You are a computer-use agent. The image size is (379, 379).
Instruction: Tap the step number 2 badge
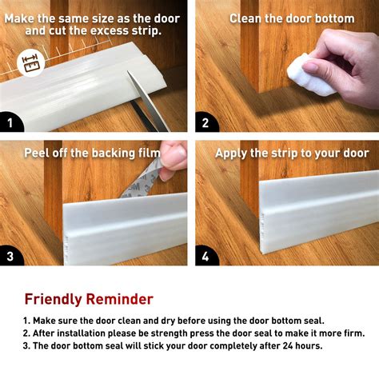(x=205, y=123)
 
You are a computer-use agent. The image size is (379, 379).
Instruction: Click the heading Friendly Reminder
(x=89, y=299)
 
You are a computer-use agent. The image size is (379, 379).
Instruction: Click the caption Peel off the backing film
(x=89, y=153)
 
